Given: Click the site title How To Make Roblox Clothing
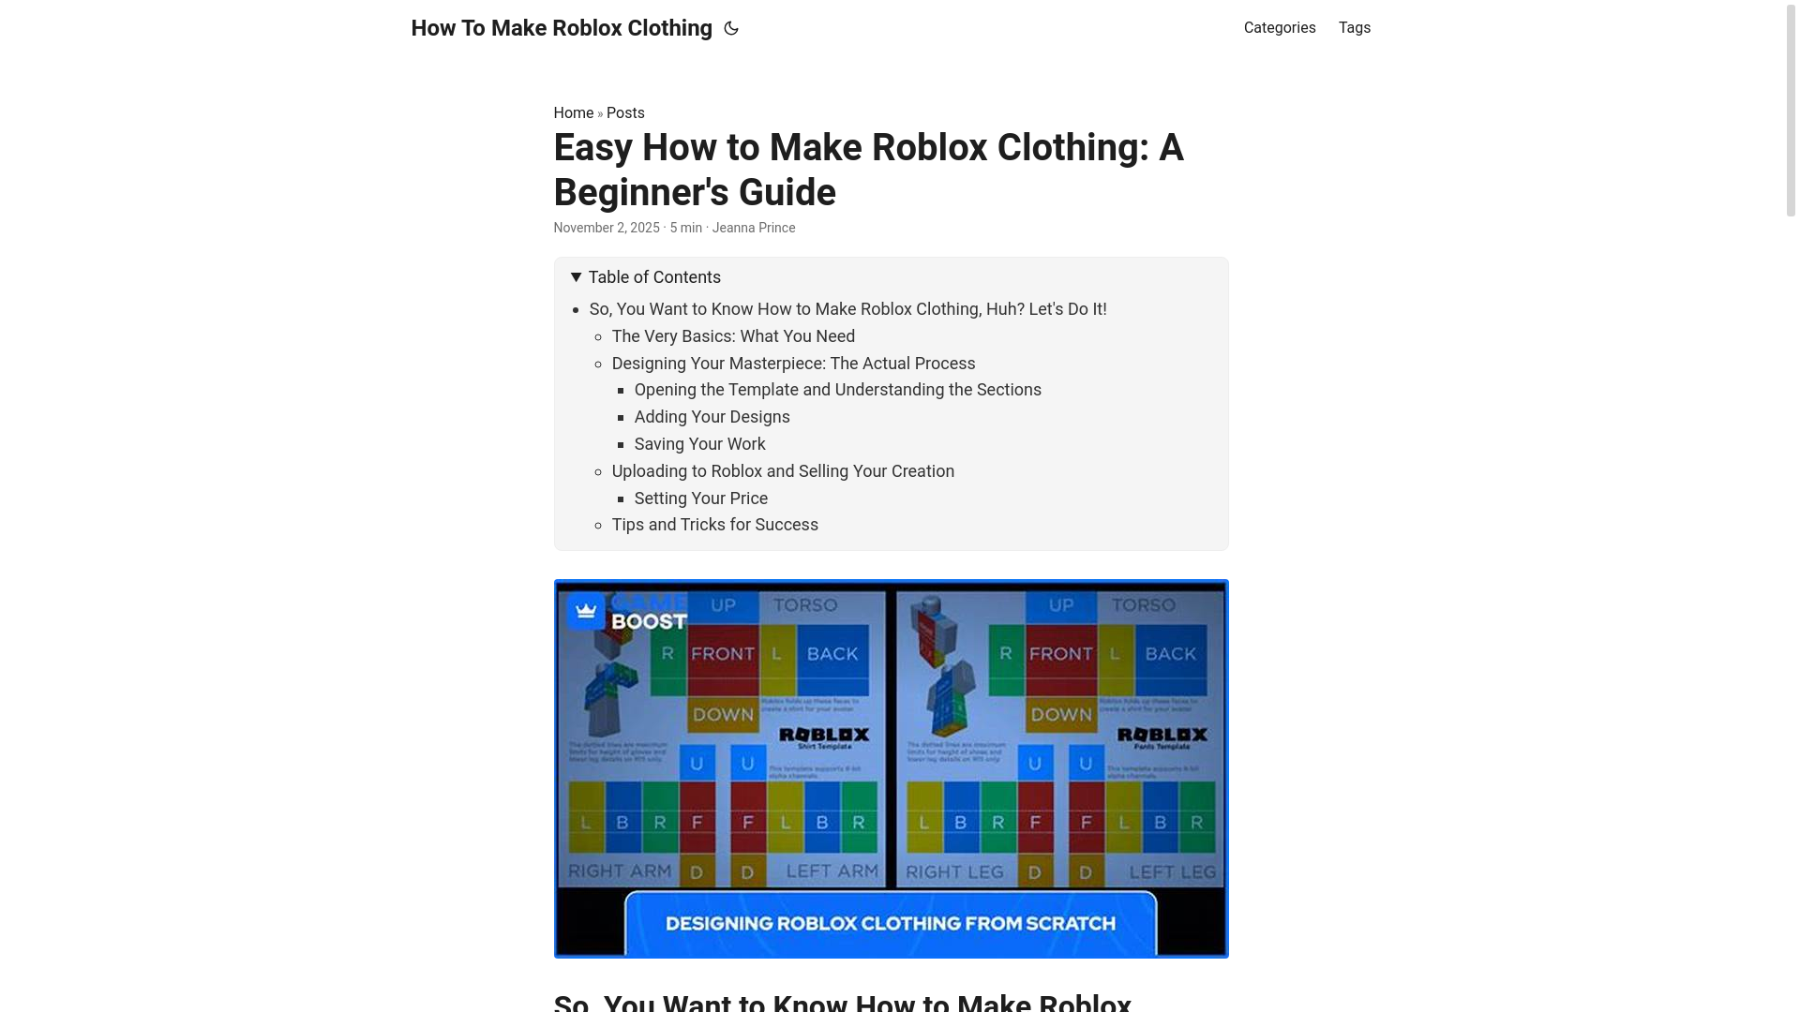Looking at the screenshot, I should (561, 28).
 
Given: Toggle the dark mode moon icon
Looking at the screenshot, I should (731, 29).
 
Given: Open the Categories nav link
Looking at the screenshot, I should (1279, 28).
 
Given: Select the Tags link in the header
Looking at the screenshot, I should (1354, 28).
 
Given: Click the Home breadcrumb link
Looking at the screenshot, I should (573, 113).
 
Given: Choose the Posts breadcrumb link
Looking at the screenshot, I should (625, 113).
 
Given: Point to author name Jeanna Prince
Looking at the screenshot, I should (753, 228).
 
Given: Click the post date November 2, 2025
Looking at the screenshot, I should (606, 228).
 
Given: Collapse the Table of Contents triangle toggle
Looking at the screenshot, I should (577, 277).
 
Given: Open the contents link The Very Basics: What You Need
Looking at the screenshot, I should (733, 336).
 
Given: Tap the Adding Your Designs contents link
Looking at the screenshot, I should (712, 417).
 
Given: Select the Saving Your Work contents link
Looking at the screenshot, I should (699, 444).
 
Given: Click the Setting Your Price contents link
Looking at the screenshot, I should (700, 499).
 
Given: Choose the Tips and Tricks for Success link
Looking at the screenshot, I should (714, 525).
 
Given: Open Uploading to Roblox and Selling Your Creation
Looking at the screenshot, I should (783, 471).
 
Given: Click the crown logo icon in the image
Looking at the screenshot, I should (586, 611).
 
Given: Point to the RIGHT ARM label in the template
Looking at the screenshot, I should (619, 871).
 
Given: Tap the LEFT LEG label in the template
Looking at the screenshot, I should (1172, 872).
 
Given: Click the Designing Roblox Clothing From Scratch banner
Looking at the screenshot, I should (890, 923).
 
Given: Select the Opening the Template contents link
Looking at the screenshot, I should (837, 390).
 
